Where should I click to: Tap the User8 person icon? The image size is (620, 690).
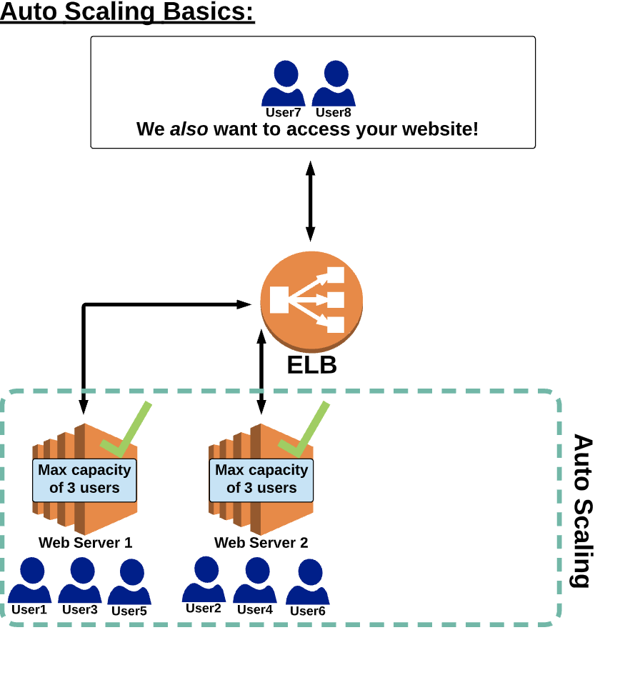click(334, 84)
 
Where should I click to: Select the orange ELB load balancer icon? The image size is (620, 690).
click(311, 300)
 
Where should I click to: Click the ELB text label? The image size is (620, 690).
click(311, 365)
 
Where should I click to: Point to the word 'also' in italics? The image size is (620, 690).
click(189, 129)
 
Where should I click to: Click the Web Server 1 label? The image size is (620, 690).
click(86, 543)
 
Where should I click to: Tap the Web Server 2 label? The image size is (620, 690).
click(261, 543)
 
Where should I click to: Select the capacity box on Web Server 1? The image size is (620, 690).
click(84, 479)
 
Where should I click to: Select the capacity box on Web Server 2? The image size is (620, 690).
click(261, 479)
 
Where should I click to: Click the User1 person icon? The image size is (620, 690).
click(29, 580)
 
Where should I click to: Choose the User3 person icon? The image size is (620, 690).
click(79, 580)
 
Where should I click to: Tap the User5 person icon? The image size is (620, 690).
click(129, 581)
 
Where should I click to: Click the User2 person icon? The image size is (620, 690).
click(204, 579)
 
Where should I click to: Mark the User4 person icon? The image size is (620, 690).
click(255, 580)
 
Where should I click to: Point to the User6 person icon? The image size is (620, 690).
click(308, 581)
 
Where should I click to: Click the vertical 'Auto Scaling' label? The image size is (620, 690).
click(583, 511)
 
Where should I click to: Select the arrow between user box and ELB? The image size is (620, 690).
click(310, 201)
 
